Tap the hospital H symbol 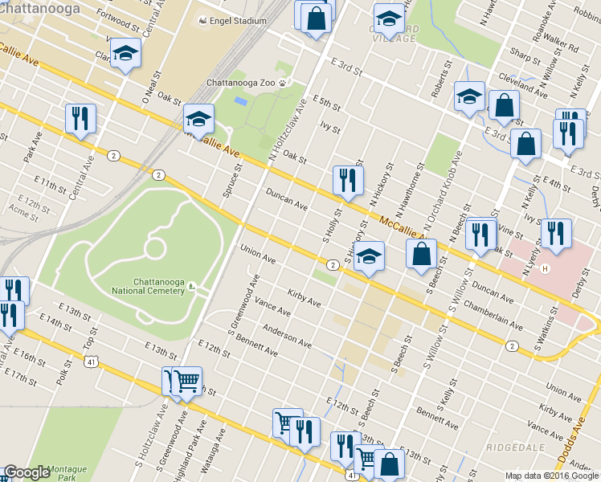click(x=546, y=268)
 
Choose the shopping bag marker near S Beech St click(x=421, y=255)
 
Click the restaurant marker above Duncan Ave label click(x=348, y=180)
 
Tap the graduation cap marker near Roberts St click(x=469, y=97)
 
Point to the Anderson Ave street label click(x=287, y=337)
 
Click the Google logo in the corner click(x=27, y=473)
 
